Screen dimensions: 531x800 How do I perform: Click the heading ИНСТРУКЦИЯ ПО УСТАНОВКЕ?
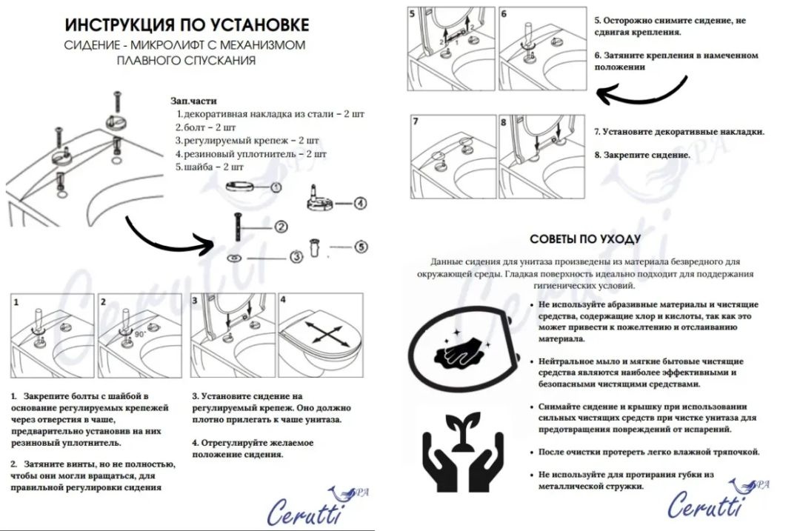tap(186, 24)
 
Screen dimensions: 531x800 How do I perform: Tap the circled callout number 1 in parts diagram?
tap(276, 188)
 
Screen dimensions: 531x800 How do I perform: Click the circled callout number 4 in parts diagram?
tap(361, 202)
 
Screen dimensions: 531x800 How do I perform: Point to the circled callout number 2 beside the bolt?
tap(281, 227)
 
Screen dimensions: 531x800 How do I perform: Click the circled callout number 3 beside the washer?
tap(296, 257)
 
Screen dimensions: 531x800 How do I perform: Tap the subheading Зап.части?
tap(193, 101)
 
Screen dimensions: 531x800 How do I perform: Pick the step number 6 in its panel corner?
tap(504, 13)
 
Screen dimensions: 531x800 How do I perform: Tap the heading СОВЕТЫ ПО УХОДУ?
tap(585, 239)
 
